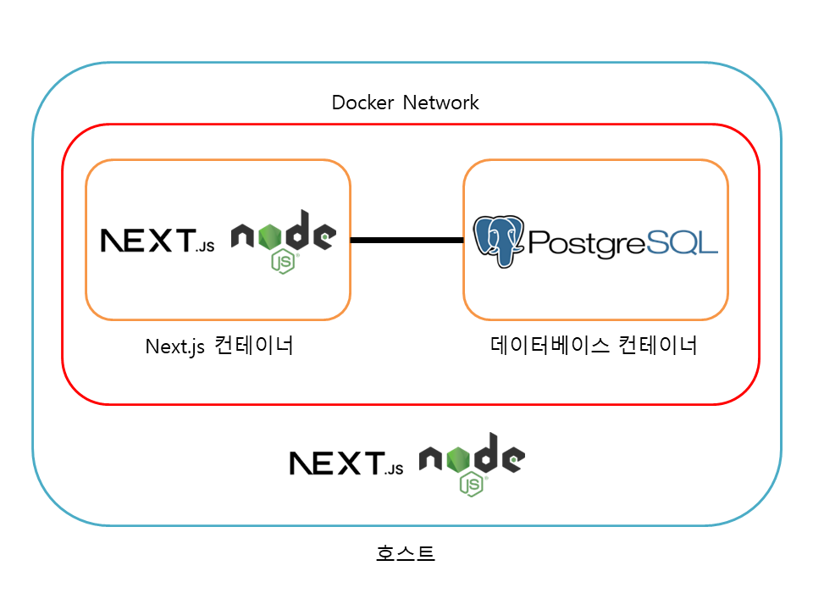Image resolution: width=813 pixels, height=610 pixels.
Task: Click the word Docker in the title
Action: tap(363, 103)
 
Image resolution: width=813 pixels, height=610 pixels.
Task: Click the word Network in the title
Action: tap(440, 103)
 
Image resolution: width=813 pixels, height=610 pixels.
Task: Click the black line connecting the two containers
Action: tap(406, 241)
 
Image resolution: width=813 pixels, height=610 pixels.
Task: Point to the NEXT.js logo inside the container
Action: tap(158, 241)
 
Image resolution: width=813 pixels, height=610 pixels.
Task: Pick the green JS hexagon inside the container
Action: tap(283, 262)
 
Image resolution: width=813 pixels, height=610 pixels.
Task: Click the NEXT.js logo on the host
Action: tap(346, 463)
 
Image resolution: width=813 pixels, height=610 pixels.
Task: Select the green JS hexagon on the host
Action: tap(472, 485)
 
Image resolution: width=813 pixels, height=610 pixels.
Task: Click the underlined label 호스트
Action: tap(406, 554)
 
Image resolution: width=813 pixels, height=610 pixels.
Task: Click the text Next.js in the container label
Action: tap(175, 347)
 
